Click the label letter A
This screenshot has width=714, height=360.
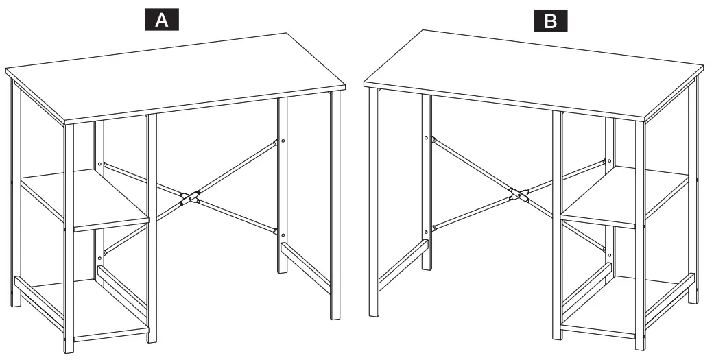(x=162, y=21)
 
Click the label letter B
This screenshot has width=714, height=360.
(x=551, y=21)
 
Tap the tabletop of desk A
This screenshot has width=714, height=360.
(x=171, y=75)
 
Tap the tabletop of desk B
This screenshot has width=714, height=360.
(x=535, y=72)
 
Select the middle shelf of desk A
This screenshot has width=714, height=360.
(x=86, y=202)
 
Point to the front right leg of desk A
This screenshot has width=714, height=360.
(x=335, y=206)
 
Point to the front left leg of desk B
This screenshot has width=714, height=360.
(x=374, y=206)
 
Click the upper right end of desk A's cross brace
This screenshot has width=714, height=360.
(x=275, y=144)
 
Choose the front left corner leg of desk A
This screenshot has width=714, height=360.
(x=69, y=240)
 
